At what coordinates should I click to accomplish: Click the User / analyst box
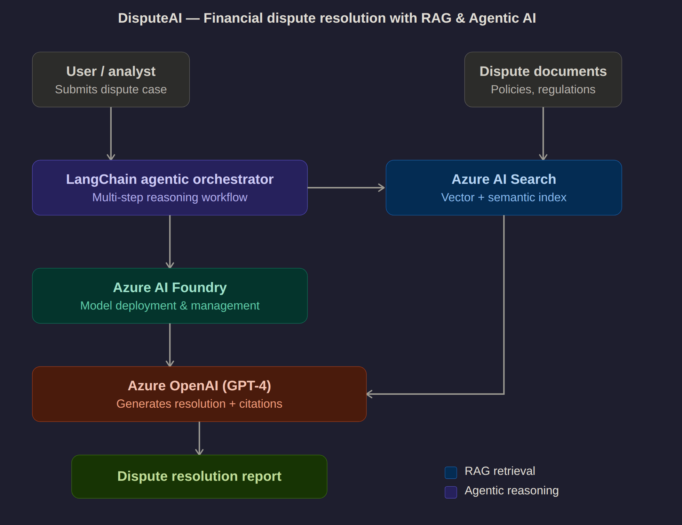[x=111, y=79]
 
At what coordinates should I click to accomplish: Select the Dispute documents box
[x=543, y=79]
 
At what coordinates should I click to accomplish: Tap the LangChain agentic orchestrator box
[x=170, y=188]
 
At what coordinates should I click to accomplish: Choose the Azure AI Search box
[x=503, y=188]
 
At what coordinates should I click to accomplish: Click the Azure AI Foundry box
[x=170, y=296]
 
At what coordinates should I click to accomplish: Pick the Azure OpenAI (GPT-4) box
[x=199, y=394]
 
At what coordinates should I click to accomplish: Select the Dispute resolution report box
[x=199, y=476]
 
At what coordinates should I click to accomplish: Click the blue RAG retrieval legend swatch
[x=451, y=472]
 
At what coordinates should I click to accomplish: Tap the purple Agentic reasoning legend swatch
[x=451, y=492]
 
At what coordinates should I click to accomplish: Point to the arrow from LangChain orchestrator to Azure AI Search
[x=346, y=188]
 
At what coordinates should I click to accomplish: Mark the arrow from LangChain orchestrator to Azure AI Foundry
[x=170, y=242]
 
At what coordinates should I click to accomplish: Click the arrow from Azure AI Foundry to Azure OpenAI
[x=170, y=345]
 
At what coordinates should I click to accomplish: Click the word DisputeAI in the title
[x=150, y=18]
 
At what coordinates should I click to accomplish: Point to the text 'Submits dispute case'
[x=111, y=89]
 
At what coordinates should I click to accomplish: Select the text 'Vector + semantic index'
[x=503, y=197]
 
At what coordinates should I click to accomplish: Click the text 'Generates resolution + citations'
[x=199, y=404]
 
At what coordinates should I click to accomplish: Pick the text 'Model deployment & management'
[x=170, y=306]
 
